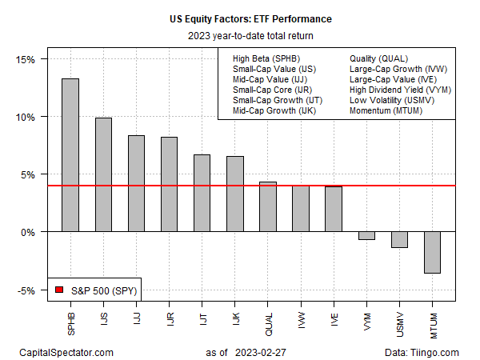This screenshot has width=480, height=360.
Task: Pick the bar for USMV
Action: [x=399, y=239]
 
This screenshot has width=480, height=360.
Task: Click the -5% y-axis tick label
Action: [x=36, y=290]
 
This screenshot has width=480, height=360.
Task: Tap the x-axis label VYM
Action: [x=366, y=319]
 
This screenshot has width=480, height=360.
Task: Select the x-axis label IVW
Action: [x=301, y=319]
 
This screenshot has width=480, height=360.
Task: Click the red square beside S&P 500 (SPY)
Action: [x=58, y=289]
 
